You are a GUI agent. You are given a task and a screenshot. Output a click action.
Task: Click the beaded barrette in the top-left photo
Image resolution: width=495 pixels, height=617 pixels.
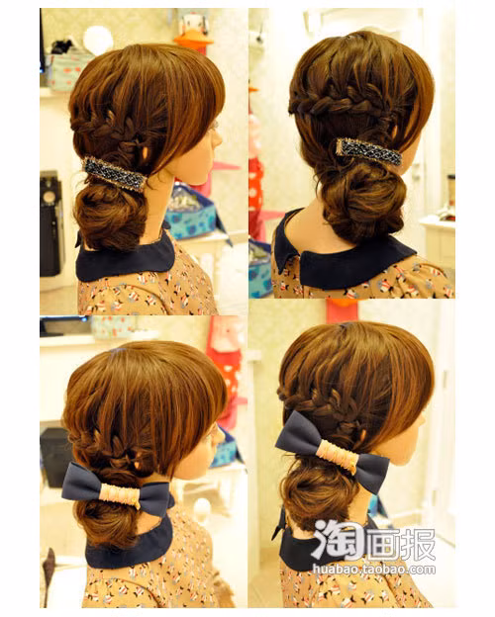coord(115,174)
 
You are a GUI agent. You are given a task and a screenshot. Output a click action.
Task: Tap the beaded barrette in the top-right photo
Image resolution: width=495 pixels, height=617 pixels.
coord(369,152)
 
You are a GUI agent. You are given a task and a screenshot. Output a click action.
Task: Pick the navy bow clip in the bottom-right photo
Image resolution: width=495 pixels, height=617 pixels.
coord(333,453)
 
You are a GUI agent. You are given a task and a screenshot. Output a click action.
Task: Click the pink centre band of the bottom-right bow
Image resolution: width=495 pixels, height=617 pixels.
coord(338,456)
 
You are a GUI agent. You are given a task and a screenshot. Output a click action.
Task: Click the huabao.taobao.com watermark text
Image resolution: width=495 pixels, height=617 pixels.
coord(374,569)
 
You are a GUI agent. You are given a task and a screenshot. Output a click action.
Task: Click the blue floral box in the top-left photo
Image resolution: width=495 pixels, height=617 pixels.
coord(192,213)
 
